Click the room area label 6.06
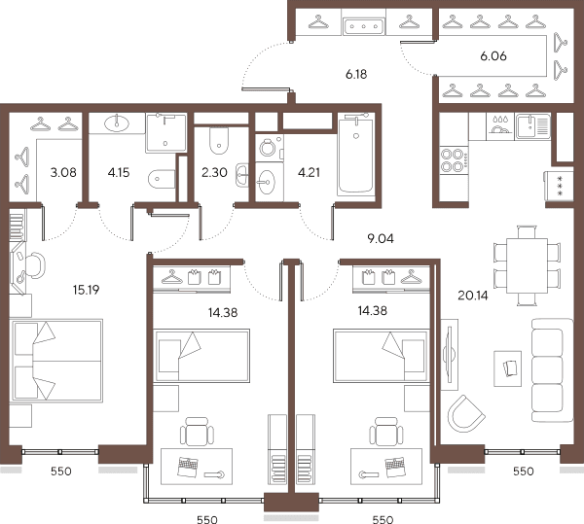coord(493,56)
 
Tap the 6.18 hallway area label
coord(356,75)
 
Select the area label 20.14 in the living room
coord(473,296)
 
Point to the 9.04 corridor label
coord(381,239)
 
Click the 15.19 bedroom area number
coord(86,290)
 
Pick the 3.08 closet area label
coord(63,172)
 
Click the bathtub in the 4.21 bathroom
coord(355,156)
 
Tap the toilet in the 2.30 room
coord(219,141)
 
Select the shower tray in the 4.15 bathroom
coord(165,132)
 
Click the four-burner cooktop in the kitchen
coord(454,159)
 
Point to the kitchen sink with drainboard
coord(532,126)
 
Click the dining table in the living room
coord(527,266)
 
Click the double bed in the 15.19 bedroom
coord(56,361)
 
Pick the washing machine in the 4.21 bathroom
coord(270,148)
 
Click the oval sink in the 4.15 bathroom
coord(117,123)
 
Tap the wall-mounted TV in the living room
coord(450,354)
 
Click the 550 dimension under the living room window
coord(524,472)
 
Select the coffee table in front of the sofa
coord(507,368)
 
